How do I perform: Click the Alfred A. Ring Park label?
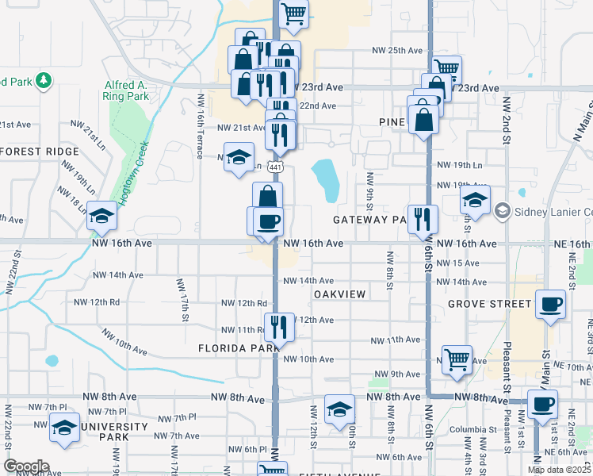(x=125, y=90)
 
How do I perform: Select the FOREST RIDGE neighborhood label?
(x=40, y=151)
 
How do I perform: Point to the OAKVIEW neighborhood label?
(x=339, y=294)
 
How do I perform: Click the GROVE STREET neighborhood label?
(x=489, y=304)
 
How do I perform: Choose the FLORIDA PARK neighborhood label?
(x=238, y=348)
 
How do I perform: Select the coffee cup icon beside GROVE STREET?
(x=550, y=304)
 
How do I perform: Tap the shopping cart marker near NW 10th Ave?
(x=457, y=359)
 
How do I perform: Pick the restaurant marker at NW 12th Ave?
(x=278, y=324)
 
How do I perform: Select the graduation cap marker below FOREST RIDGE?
(x=101, y=216)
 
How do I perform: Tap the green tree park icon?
(x=43, y=80)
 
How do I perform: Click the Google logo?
(x=26, y=466)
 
